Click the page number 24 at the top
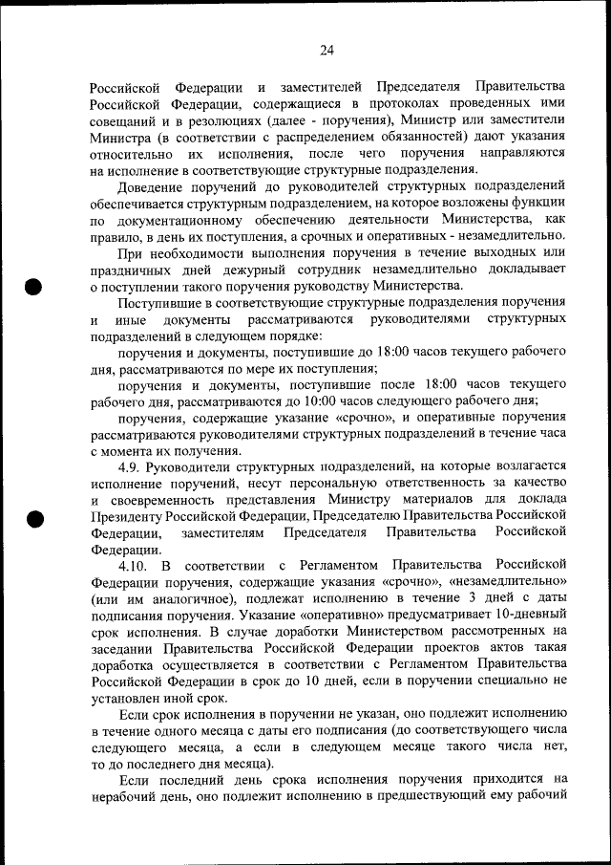pyautogui.click(x=327, y=51)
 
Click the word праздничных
pyautogui.click(x=133, y=270)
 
